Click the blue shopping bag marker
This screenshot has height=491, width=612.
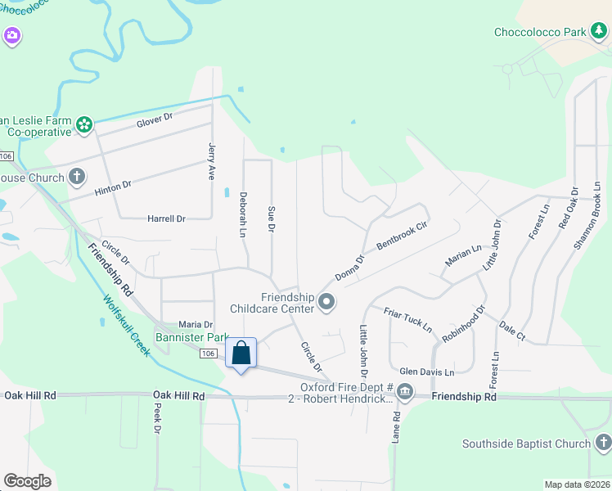tap(241, 354)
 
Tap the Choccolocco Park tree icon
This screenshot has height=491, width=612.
tap(600, 32)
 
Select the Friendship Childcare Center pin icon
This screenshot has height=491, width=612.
tap(326, 303)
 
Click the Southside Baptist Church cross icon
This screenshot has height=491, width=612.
tap(602, 444)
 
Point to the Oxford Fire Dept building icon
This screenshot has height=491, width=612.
tap(406, 393)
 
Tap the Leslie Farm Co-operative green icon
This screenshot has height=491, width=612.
tap(83, 124)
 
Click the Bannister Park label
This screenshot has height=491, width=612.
tap(193, 337)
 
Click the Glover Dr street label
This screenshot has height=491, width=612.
tap(155, 119)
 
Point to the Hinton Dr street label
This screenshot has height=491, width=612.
tap(112, 187)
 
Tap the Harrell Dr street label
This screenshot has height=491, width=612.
tap(166, 218)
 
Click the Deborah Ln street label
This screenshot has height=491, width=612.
tap(242, 215)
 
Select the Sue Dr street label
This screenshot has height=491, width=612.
tap(271, 218)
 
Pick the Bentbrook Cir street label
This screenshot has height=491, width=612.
tap(402, 235)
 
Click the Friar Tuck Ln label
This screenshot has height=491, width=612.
tap(407, 319)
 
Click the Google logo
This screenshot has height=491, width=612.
tap(27, 481)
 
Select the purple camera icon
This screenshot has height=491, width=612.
tap(11, 35)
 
